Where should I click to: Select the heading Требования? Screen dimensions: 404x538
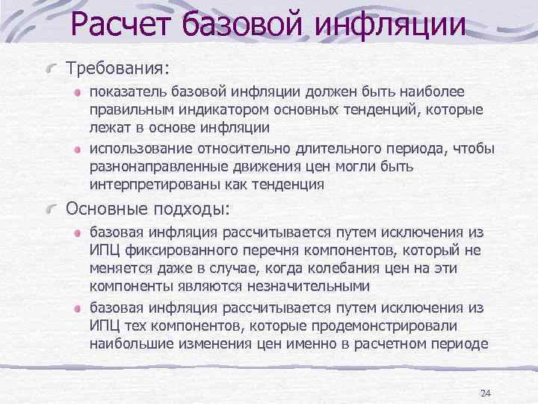tap(118, 68)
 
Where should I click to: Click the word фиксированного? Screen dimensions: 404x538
tap(180, 251)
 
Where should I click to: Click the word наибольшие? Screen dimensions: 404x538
tap(127, 343)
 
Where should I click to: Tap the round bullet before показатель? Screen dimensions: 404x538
tap(78, 93)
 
